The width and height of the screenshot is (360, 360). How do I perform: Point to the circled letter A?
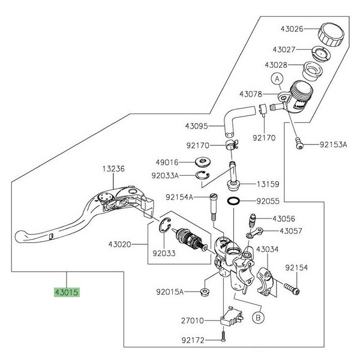[277, 78]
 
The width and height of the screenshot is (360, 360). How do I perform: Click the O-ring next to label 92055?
[235, 202]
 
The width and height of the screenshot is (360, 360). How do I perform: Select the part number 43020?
[121, 245]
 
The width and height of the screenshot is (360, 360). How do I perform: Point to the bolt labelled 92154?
[293, 290]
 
